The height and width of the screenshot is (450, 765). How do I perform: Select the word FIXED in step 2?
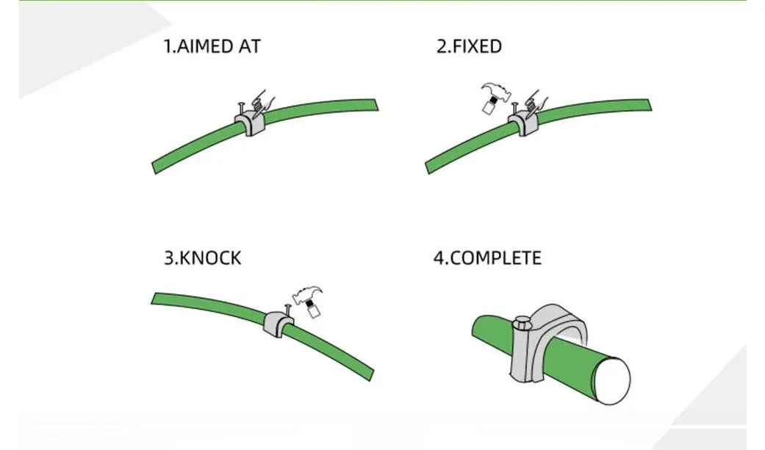(x=477, y=47)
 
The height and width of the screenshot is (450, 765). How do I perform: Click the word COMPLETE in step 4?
(x=495, y=258)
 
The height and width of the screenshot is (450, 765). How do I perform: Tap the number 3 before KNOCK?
(x=168, y=258)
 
